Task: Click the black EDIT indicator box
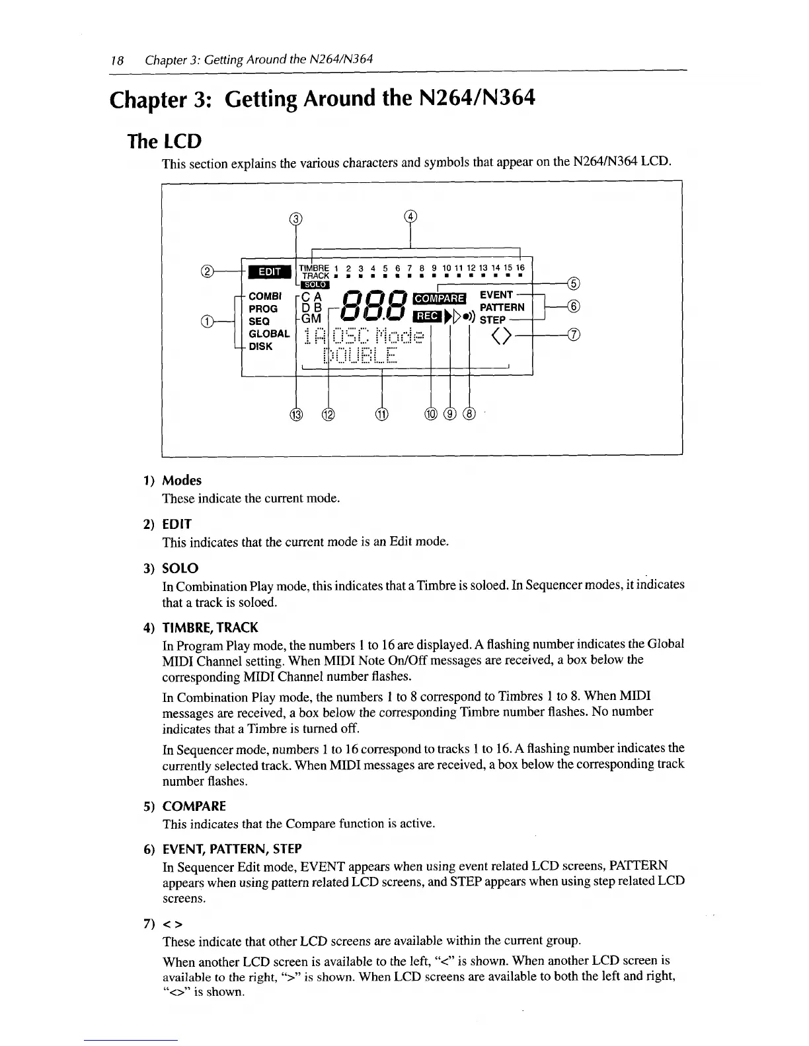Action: pos(269,272)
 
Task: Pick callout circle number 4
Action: pos(410,216)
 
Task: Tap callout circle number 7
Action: pos(574,335)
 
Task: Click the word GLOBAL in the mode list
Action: pos(268,333)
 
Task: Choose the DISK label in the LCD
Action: pos(260,346)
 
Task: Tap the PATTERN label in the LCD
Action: pos(502,307)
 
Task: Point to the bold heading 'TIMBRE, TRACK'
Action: pos(210,627)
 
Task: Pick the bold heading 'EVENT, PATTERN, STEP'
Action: pos(231,849)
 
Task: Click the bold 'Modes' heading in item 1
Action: pos(182,480)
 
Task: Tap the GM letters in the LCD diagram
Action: pos(311,318)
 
